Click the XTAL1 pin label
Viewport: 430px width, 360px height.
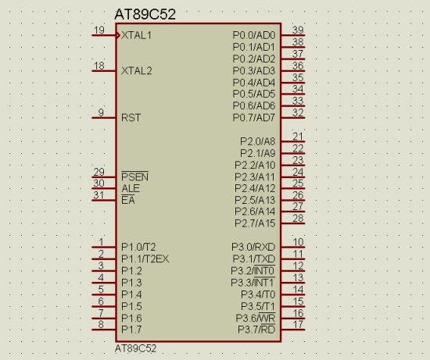[x=136, y=35]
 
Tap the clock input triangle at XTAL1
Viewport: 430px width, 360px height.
[x=118, y=35]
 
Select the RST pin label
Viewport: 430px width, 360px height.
[x=131, y=118]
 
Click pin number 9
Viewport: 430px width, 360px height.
[x=101, y=112]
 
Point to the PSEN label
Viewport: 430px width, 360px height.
[x=134, y=176]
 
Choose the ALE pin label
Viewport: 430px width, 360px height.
[x=131, y=188]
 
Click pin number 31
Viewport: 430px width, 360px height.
[x=99, y=195]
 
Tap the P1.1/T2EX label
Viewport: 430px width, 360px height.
[x=145, y=259]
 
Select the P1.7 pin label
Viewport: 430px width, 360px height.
[x=131, y=330]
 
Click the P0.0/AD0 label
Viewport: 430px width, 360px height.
[x=253, y=35]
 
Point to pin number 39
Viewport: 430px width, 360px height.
[x=298, y=30]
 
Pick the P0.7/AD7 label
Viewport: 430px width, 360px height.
[x=253, y=118]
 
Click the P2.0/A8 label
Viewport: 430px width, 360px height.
[x=257, y=141]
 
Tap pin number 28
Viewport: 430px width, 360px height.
[x=298, y=218]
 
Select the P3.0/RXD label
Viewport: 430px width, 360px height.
[x=253, y=247]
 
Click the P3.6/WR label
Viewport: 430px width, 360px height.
[x=256, y=318]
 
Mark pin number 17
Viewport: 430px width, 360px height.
[x=298, y=324]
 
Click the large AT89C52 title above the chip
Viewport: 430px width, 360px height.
[x=145, y=14]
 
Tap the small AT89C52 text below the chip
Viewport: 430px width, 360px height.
[x=135, y=349]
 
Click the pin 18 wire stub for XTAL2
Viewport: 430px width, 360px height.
[x=104, y=71]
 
